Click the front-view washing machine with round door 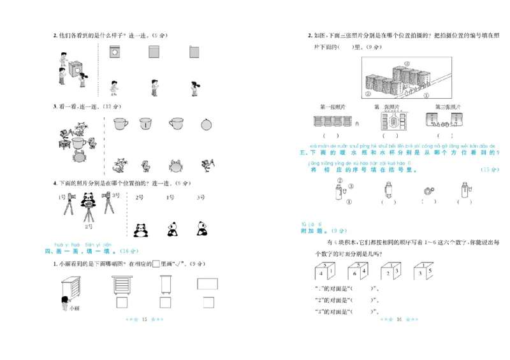click(x=115, y=54)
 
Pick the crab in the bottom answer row click(x=175, y=167)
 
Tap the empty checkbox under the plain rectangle click(x=207, y=302)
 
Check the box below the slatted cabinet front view click(x=121, y=302)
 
